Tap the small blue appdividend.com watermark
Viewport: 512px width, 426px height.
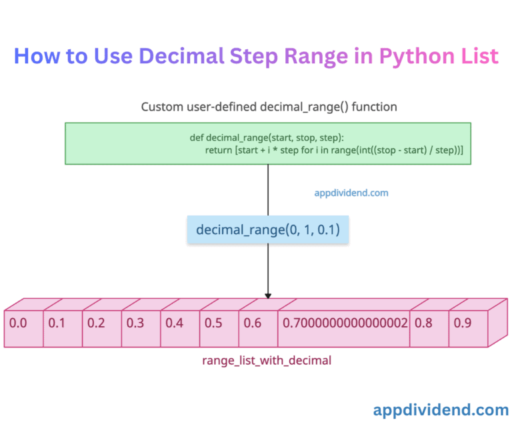[351, 193]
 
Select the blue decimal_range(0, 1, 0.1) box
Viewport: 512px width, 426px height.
[267, 230]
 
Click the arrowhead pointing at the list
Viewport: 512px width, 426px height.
[268, 295]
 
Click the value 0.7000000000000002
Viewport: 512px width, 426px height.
[345, 323]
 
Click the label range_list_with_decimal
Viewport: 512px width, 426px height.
[267, 360]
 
